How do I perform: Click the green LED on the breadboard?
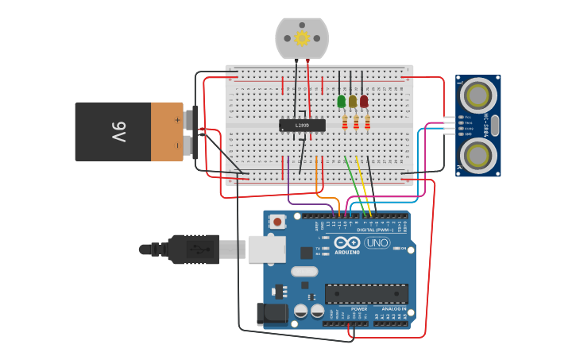(342, 101)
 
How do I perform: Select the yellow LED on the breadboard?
(353, 101)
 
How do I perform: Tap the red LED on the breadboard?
(364, 101)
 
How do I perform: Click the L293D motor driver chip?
(302, 125)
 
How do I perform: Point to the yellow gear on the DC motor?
(302, 37)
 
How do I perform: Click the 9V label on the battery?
(119, 132)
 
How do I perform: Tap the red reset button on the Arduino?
(277, 222)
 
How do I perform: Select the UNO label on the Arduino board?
(377, 243)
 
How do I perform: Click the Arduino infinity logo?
(347, 242)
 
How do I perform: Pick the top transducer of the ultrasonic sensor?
(478, 95)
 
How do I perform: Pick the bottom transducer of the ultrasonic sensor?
(478, 153)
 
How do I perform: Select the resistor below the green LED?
(345, 122)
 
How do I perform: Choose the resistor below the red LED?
(367, 122)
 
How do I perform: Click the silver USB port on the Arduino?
(266, 249)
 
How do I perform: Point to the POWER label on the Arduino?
(359, 308)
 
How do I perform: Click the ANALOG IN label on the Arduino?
(393, 308)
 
